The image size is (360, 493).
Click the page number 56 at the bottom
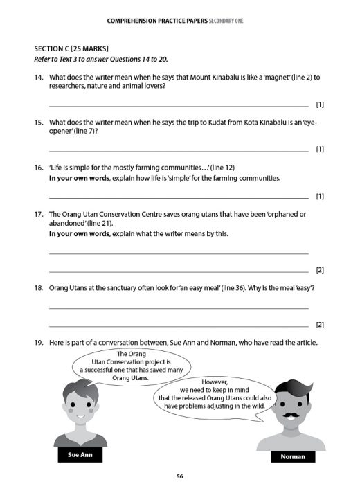click(x=179, y=476)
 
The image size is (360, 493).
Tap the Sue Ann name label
click(x=80, y=455)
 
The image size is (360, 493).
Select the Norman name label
click(x=292, y=456)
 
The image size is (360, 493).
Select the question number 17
click(x=39, y=214)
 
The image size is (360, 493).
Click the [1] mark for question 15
click(x=319, y=149)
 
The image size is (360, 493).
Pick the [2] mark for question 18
click(x=319, y=324)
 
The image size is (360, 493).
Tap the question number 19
click(x=39, y=342)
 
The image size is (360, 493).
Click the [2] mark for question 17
click(x=319, y=269)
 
